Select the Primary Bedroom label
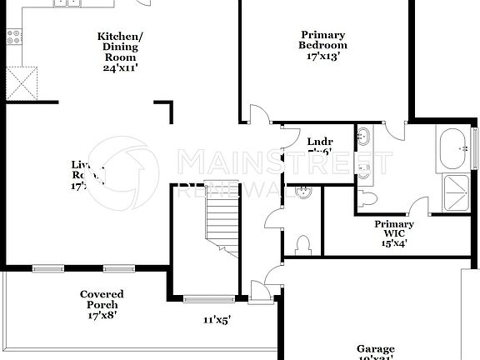click(322, 40)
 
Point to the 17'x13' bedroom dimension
click(322, 57)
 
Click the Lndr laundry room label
click(320, 141)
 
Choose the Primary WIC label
click(393, 229)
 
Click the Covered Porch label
click(102, 299)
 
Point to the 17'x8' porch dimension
click(102, 316)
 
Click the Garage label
click(375, 349)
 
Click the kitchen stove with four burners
click(14, 36)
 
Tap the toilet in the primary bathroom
click(367, 198)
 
